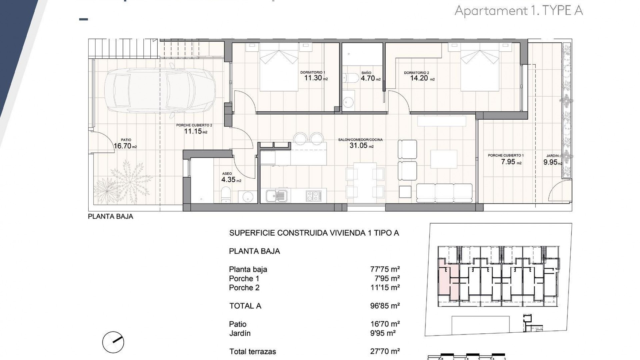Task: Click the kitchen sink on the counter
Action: tap(277, 196)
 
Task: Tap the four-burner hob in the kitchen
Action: tap(314, 195)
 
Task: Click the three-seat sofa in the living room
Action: tap(444, 193)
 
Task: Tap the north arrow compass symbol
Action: tap(113, 342)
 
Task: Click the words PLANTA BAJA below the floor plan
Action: tap(110, 217)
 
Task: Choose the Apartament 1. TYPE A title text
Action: tap(518, 11)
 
